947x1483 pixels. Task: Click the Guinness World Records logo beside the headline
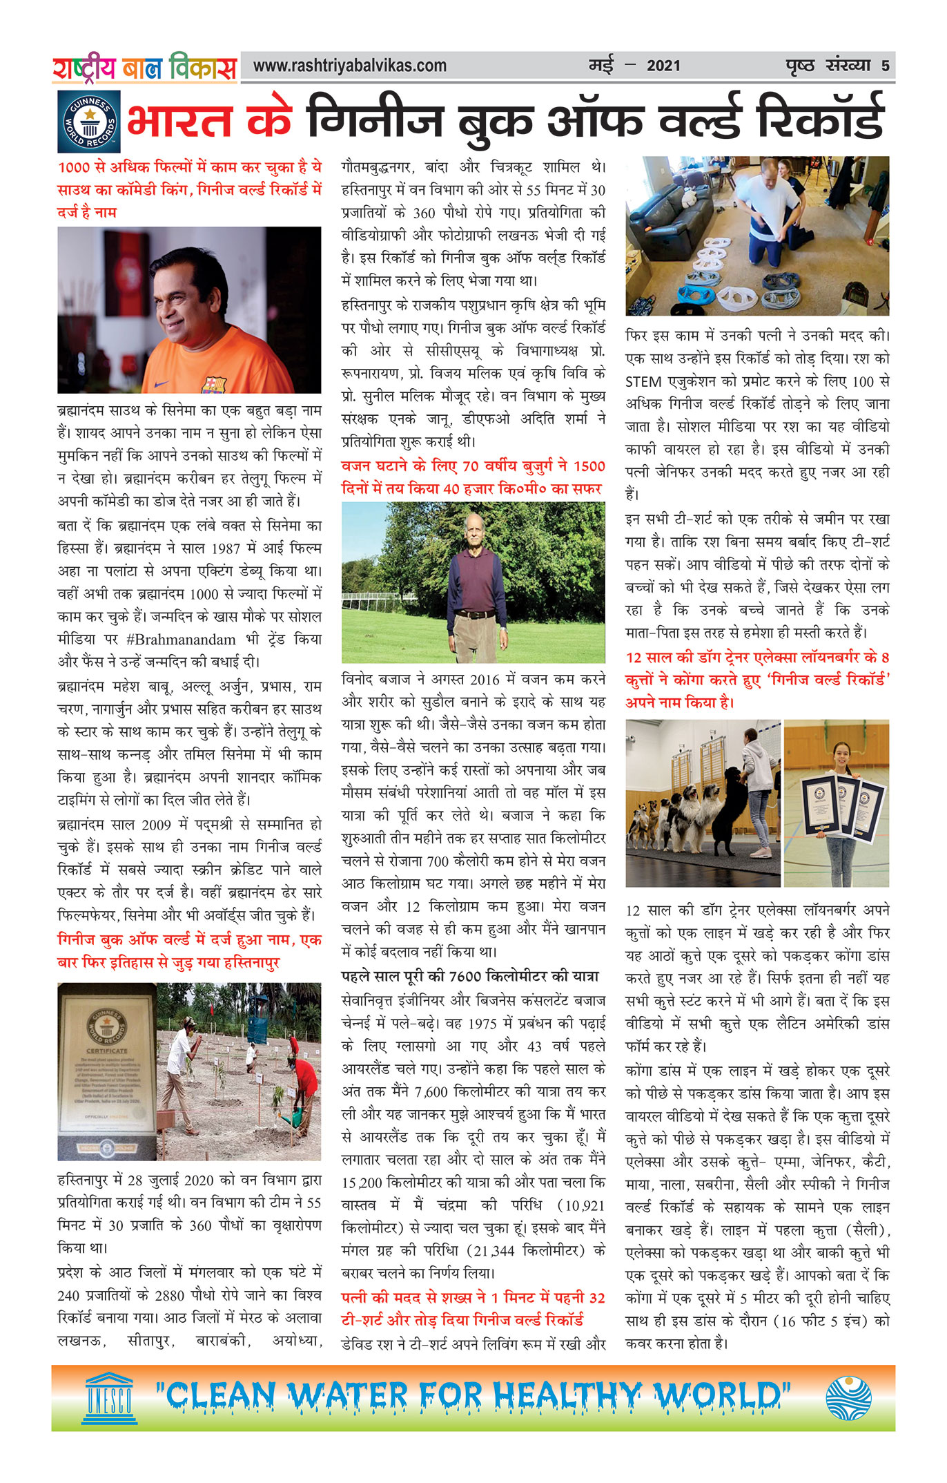point(88,122)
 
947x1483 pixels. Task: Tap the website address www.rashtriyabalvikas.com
point(349,66)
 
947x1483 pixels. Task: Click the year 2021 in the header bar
point(663,66)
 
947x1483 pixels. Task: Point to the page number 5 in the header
point(885,66)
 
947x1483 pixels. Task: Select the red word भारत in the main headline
point(179,122)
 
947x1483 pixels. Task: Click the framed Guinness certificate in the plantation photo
point(106,1070)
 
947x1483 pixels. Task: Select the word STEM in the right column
point(643,382)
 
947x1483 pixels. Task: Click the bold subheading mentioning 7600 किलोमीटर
point(470,976)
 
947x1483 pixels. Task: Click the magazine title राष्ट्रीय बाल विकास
point(144,68)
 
